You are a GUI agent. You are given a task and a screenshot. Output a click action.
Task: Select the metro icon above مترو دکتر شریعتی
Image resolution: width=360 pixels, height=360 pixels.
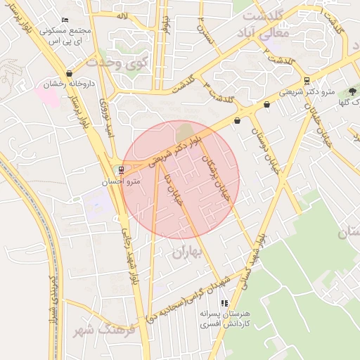coord(307,81)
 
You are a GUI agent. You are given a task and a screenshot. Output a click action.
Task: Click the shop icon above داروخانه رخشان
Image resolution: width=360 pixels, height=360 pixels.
coord(69,73)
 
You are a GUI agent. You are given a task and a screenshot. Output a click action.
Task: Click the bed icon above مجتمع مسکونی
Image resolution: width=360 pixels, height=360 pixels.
coord(65,20)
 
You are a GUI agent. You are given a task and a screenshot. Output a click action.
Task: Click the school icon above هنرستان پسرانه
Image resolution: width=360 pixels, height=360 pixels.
coord(224,303)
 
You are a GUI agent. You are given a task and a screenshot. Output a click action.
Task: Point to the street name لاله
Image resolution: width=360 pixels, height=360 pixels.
coord(122,15)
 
